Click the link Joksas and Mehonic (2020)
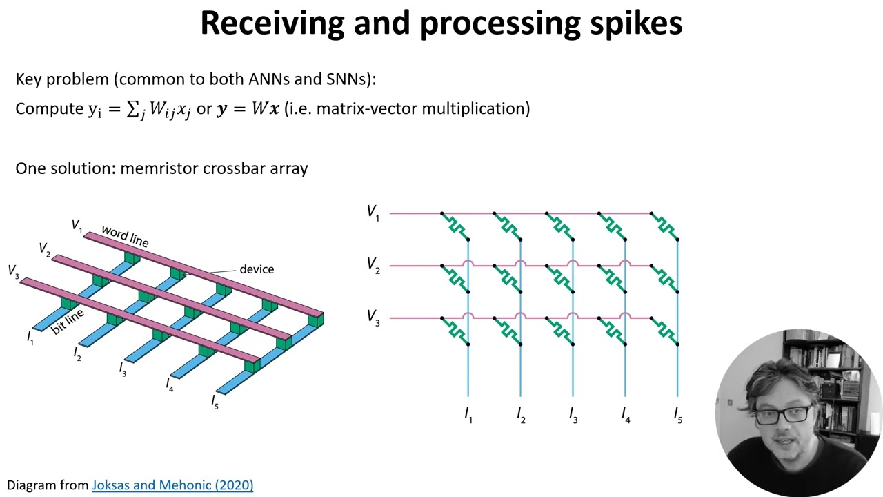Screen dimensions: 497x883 (x=172, y=485)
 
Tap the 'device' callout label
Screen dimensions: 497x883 (x=257, y=269)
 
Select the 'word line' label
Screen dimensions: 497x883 (x=125, y=236)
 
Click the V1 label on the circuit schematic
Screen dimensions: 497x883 (x=373, y=213)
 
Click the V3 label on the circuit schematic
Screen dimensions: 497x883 (x=373, y=318)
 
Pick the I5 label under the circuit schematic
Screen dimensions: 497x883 (x=678, y=415)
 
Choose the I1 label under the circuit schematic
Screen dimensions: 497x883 (x=468, y=415)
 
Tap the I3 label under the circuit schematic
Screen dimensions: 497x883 (x=573, y=415)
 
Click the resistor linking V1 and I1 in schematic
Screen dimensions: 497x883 (x=455, y=226)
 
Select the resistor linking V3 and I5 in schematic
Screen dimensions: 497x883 (x=665, y=331)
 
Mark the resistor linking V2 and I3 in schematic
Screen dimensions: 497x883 (x=560, y=279)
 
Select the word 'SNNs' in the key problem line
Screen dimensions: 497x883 (x=347, y=79)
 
